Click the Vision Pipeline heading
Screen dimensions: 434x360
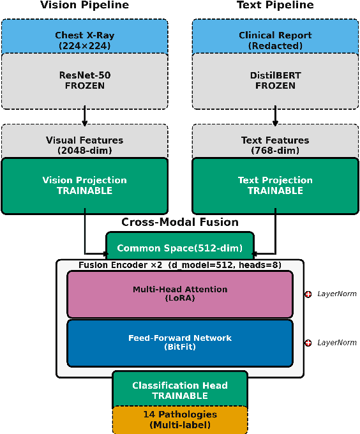click(84, 6)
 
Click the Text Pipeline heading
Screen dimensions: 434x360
click(275, 6)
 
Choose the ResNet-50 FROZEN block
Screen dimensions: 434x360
click(84, 80)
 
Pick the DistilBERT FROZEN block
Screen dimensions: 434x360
click(275, 80)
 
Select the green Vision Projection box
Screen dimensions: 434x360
click(84, 185)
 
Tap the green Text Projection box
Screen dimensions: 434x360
click(275, 185)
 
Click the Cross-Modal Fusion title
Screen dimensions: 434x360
click(180, 223)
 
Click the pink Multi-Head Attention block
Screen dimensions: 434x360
click(180, 294)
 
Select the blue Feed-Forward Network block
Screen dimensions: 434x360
click(180, 343)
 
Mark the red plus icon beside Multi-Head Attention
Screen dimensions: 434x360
click(308, 294)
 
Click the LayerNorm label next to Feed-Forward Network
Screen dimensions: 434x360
click(337, 343)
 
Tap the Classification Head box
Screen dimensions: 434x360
click(180, 390)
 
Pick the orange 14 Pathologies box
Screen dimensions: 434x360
click(180, 419)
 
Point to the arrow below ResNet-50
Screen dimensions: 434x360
click(84, 116)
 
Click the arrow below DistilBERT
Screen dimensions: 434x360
click(275, 116)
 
